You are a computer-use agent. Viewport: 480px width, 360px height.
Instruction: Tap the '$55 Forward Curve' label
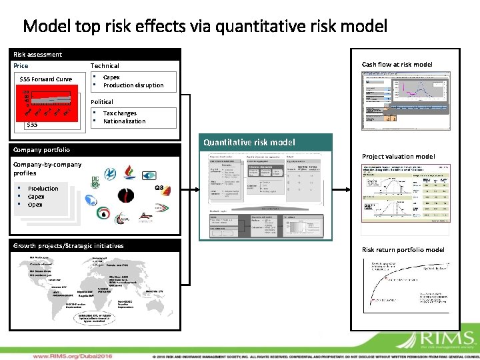point(46,79)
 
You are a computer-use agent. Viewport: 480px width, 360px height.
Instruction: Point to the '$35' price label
point(32,125)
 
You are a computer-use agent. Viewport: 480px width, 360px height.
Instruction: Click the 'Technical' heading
point(105,66)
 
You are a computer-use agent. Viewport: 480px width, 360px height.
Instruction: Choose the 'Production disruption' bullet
point(133,85)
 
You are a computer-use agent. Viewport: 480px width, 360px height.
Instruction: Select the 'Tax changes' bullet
point(120,113)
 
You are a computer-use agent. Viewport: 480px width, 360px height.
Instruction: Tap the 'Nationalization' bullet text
point(124,121)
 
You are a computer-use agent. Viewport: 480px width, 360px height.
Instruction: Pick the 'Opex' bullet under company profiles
point(35,205)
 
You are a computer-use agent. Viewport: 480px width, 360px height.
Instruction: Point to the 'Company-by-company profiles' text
point(47,169)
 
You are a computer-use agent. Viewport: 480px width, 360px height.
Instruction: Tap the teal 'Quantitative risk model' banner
point(266,142)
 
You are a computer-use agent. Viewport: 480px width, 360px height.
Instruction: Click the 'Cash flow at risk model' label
point(397,64)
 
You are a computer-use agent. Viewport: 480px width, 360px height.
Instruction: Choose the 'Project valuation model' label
point(398,157)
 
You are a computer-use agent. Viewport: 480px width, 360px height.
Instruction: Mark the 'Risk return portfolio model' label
point(403,250)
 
